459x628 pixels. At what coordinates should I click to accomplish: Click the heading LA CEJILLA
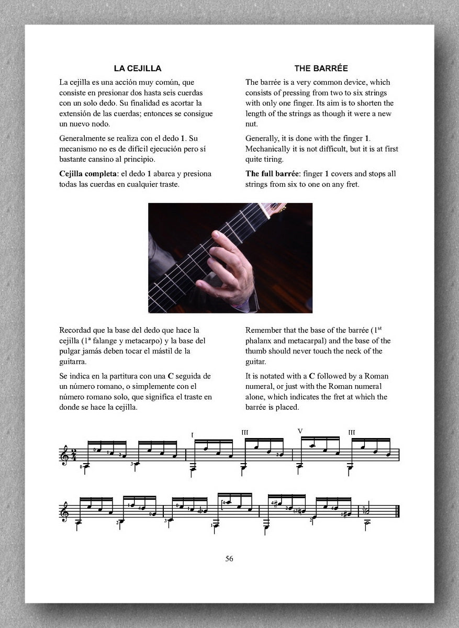138,68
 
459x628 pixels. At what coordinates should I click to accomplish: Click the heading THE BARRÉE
321,68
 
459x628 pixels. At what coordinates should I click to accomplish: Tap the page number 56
229,558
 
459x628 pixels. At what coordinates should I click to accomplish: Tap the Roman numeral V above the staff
300,431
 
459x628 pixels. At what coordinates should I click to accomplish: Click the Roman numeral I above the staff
193,435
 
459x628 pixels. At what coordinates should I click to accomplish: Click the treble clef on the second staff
65,510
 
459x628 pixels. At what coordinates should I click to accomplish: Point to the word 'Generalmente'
83,139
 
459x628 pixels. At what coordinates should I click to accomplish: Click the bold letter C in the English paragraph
312,376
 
